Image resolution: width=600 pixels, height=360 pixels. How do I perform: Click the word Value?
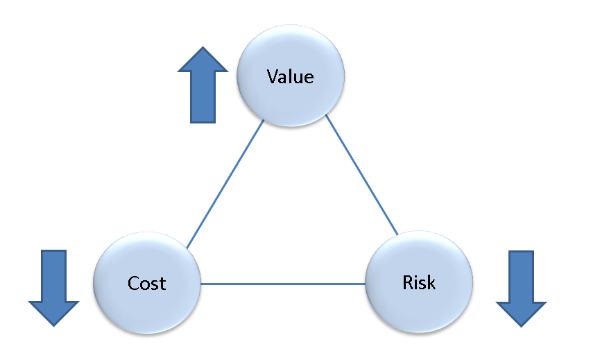[290, 76]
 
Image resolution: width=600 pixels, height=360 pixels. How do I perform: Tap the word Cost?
[147, 283]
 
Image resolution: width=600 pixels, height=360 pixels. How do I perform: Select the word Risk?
[419, 282]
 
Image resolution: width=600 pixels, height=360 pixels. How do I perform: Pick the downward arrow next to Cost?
[53, 286]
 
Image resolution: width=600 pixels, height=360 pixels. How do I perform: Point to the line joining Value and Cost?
[225, 185]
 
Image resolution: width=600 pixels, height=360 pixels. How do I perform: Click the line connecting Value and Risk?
[362, 176]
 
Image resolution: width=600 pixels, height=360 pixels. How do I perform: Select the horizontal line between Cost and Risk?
[283, 284]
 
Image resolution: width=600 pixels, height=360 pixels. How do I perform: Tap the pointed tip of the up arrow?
[203, 49]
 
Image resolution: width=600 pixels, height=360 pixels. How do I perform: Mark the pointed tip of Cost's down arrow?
[53, 323]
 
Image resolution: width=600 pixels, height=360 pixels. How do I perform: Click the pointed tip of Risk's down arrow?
[522, 325]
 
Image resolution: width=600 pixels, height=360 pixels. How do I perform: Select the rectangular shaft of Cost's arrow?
[53, 275]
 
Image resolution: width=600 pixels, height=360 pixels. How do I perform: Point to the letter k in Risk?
[431, 282]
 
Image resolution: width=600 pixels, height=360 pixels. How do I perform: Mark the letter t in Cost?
[162, 284]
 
